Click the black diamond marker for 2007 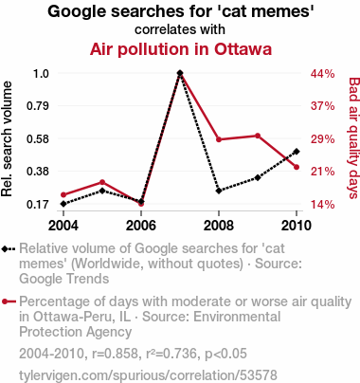pyautogui.click(x=180, y=73)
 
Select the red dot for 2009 pyautogui.click(x=258, y=136)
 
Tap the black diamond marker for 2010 pyautogui.click(x=297, y=152)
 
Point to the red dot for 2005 pyautogui.click(x=102, y=182)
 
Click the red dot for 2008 pyautogui.click(x=219, y=139)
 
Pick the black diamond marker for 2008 pyautogui.click(x=219, y=191)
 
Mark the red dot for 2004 pyautogui.click(x=63, y=195)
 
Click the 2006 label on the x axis pyautogui.click(x=141, y=226)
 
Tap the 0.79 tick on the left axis pyautogui.click(x=38, y=106)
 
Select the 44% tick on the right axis pyautogui.click(x=322, y=74)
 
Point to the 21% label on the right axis pyautogui.click(x=322, y=172)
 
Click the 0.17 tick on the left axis pyautogui.click(x=38, y=205)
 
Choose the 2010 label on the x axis pyautogui.click(x=297, y=226)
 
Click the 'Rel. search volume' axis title pyautogui.click(x=7, y=139)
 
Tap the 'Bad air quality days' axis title pyautogui.click(x=354, y=138)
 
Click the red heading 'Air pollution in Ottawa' pyautogui.click(x=181, y=49)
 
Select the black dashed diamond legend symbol pyautogui.click(x=9, y=249)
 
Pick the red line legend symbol pyautogui.click(x=9, y=301)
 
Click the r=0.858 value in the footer pyautogui.click(x=116, y=354)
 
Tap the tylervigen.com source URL pyautogui.click(x=148, y=375)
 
